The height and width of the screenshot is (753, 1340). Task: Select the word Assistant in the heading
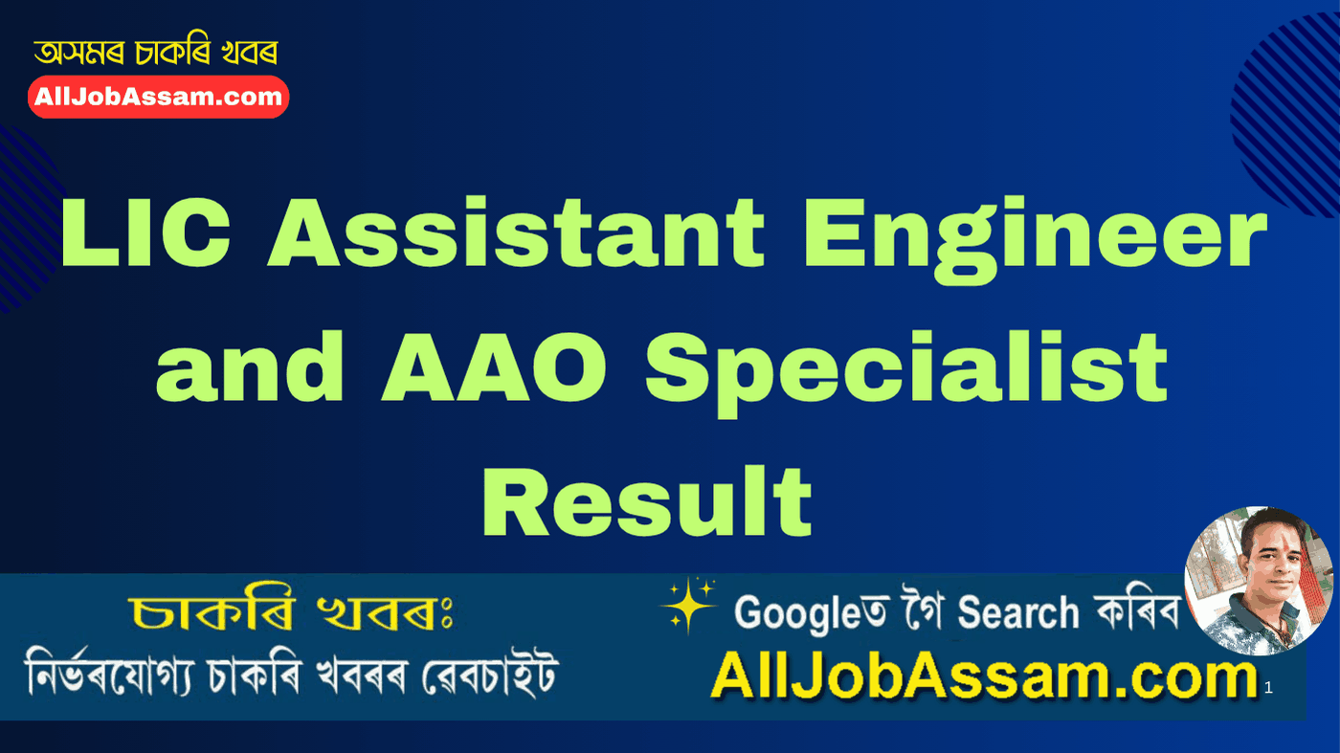pyautogui.click(x=516, y=234)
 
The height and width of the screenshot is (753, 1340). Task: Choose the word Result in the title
pyautogui.click(x=648, y=501)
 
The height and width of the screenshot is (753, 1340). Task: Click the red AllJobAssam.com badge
pyautogui.click(x=158, y=97)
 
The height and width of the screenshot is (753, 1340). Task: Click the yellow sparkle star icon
pyautogui.click(x=688, y=606)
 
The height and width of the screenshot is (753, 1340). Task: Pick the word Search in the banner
pyautogui.click(x=1018, y=612)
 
